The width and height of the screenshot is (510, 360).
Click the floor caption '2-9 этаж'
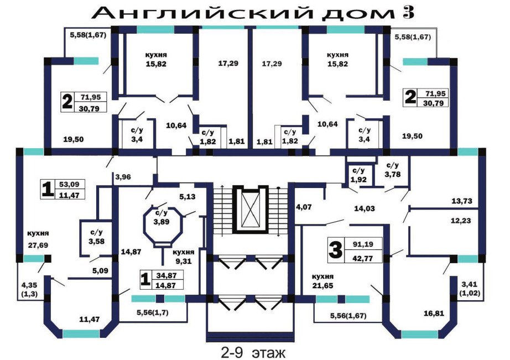pyautogui.click(x=253, y=352)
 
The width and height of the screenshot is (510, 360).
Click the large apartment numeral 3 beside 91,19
pyautogui.click(x=335, y=250)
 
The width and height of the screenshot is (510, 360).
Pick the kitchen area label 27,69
pyautogui.click(x=38, y=245)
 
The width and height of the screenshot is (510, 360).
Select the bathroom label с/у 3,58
pyautogui.click(x=97, y=237)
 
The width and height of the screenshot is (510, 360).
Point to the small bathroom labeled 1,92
pyautogui.click(x=359, y=175)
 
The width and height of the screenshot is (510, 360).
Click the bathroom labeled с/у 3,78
pyautogui.click(x=393, y=170)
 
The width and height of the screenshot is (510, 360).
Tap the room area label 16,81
pyautogui.click(x=434, y=313)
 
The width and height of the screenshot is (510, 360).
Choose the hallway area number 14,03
pyautogui.click(x=365, y=208)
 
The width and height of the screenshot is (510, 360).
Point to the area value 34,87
pyautogui.click(x=166, y=275)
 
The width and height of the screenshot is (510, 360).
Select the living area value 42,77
pyautogui.click(x=363, y=259)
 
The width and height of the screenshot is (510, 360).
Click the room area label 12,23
pyautogui.click(x=461, y=221)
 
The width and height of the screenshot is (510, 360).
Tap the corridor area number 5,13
pyautogui.click(x=188, y=196)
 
